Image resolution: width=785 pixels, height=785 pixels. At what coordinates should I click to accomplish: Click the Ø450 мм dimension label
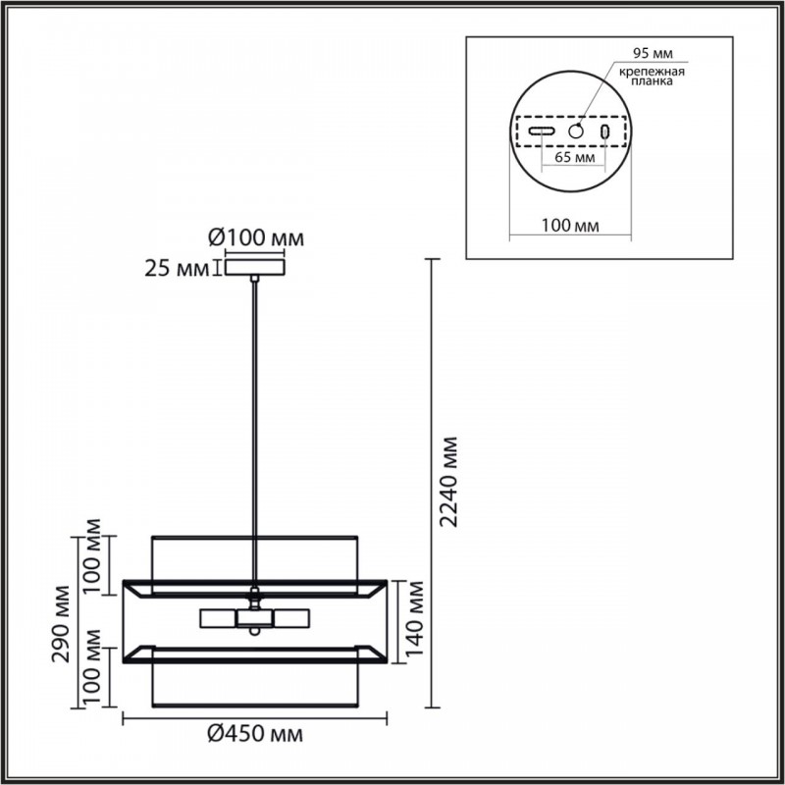[x=255, y=734]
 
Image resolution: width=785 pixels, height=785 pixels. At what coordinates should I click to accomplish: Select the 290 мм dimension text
[x=61, y=623]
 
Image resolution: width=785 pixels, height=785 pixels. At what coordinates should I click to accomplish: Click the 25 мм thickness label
[x=177, y=269]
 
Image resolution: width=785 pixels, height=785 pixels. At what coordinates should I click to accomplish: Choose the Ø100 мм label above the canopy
[x=256, y=238]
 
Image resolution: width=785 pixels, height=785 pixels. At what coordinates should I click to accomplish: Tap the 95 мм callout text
[x=653, y=53]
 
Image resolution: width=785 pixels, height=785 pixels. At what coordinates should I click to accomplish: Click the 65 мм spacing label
[x=575, y=157]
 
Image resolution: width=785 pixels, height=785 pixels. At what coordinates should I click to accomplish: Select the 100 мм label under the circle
[x=570, y=226]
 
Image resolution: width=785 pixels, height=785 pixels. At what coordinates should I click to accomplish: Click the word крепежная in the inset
[x=652, y=72]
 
